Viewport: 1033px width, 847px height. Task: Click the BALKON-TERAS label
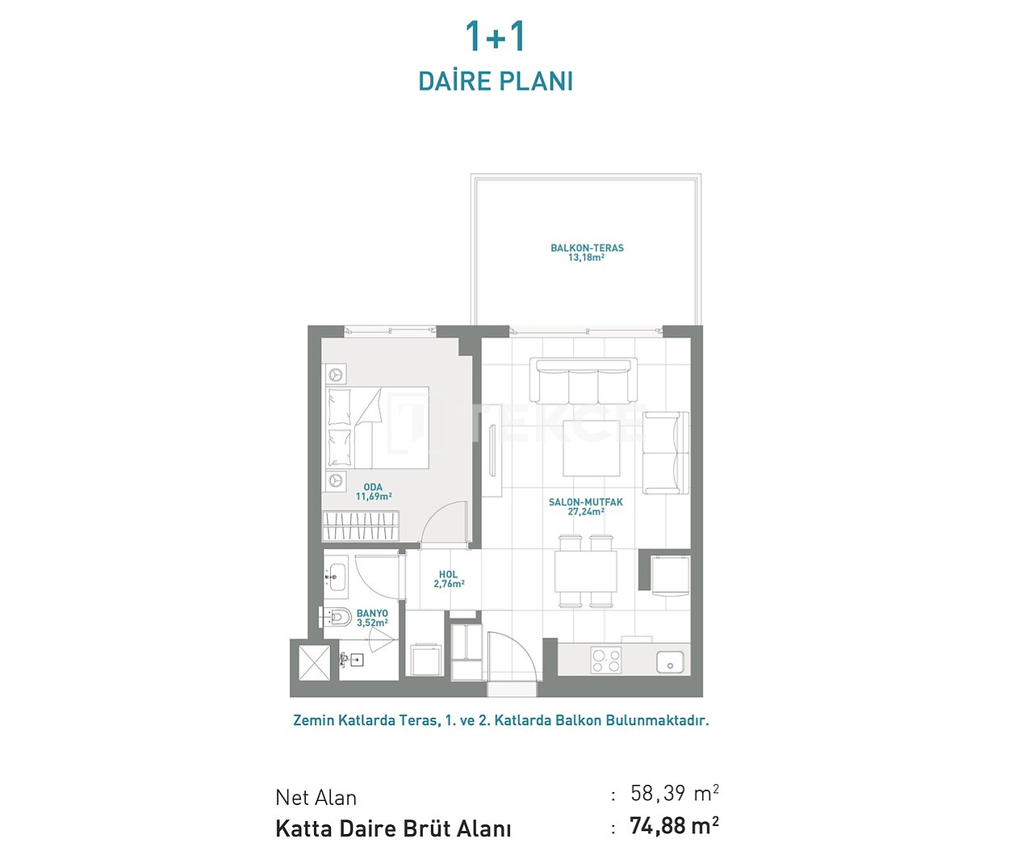click(587, 248)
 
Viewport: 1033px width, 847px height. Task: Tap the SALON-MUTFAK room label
click(586, 502)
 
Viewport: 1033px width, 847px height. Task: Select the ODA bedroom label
click(373, 487)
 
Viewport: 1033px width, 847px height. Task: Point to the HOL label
click(448, 574)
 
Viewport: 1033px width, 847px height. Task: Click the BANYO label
click(372, 613)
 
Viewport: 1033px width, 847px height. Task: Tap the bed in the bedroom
click(377, 427)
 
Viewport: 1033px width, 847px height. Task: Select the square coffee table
click(592, 448)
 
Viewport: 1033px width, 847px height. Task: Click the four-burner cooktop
click(606, 660)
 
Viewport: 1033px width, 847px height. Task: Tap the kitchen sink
click(670, 662)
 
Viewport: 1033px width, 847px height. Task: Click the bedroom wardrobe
click(361, 526)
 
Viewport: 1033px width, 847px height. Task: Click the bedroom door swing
click(444, 523)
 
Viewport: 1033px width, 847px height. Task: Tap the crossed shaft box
click(314, 663)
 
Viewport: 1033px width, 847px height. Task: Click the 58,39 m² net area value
click(674, 793)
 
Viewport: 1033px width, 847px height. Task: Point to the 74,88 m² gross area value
click(674, 825)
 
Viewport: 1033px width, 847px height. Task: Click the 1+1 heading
click(496, 36)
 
